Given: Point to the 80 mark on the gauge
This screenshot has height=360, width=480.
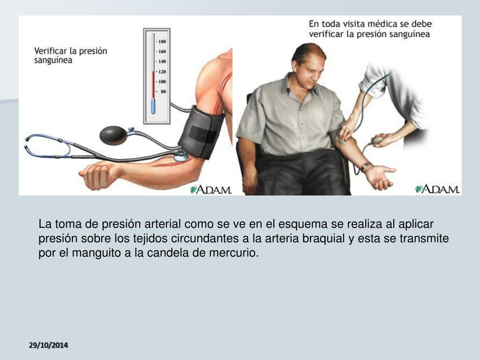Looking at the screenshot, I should pyautogui.click(x=163, y=92).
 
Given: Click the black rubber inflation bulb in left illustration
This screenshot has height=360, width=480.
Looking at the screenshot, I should pyautogui.click(x=113, y=135).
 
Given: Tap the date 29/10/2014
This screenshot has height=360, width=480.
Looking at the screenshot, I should pyautogui.click(x=48, y=345).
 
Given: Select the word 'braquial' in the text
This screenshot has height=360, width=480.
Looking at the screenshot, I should pyautogui.click(x=325, y=239).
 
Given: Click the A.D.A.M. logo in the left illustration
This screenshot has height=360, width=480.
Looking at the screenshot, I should pyautogui.click(x=210, y=189).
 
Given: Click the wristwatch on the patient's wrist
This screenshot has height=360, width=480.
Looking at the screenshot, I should pyautogui.click(x=366, y=166).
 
